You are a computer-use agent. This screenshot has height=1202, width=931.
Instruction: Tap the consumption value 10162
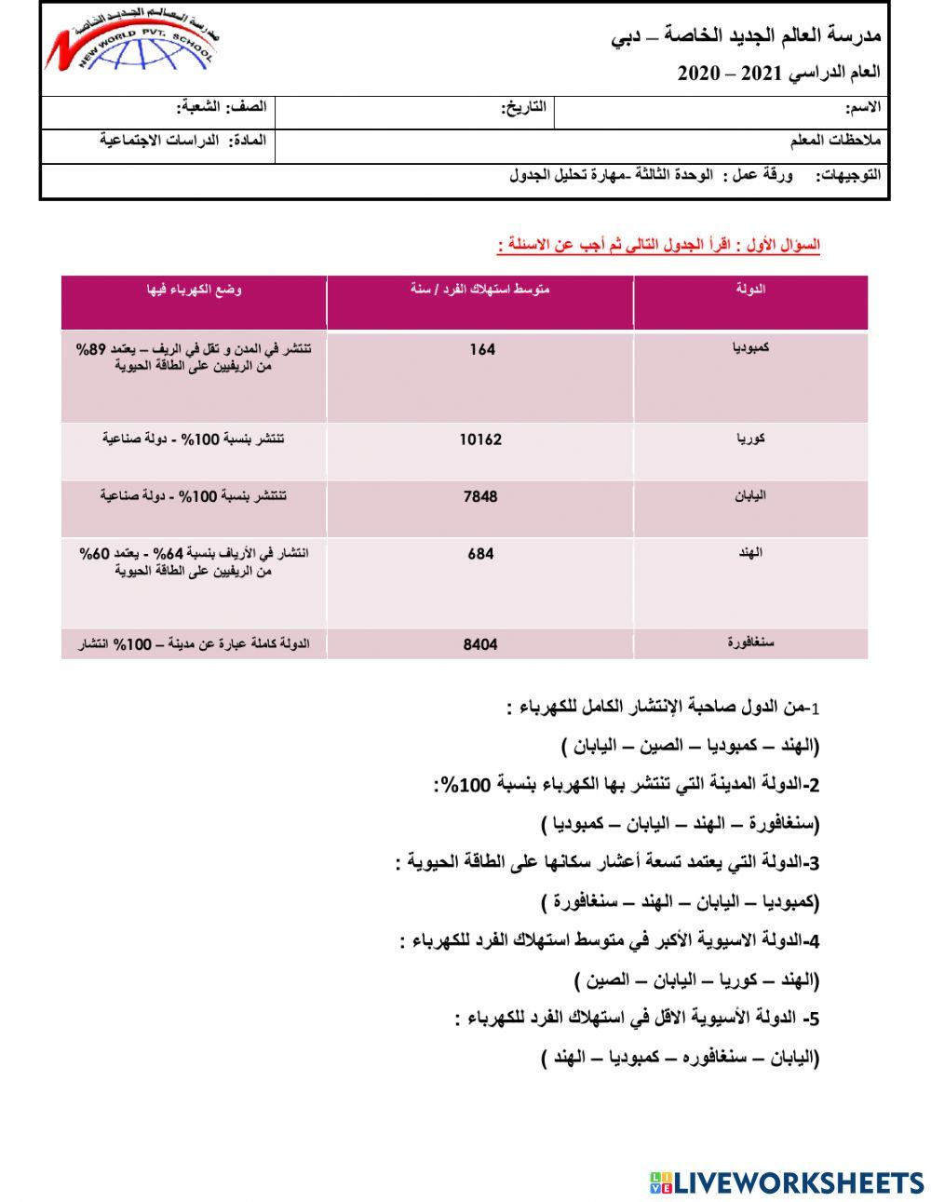click(x=480, y=439)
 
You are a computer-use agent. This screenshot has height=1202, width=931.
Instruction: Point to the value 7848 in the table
click(x=480, y=496)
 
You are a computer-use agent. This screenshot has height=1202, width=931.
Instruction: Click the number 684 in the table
click(x=480, y=554)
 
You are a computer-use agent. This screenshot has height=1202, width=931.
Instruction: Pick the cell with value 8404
click(x=480, y=643)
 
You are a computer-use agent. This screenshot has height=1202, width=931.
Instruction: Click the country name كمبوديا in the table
click(x=750, y=348)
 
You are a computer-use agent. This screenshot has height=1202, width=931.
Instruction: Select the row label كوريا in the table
click(x=750, y=438)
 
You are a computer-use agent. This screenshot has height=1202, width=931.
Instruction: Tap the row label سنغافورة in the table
click(x=750, y=642)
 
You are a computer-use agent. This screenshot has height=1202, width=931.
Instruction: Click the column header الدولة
click(x=750, y=290)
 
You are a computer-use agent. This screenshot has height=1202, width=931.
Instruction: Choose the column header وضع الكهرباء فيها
click(x=195, y=290)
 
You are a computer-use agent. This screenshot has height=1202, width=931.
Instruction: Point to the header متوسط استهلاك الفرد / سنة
click(x=480, y=290)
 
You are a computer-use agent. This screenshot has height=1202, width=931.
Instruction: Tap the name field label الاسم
click(x=861, y=108)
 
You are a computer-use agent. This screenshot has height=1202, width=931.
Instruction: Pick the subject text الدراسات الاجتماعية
click(x=159, y=141)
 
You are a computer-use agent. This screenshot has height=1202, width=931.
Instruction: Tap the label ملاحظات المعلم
click(x=834, y=141)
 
